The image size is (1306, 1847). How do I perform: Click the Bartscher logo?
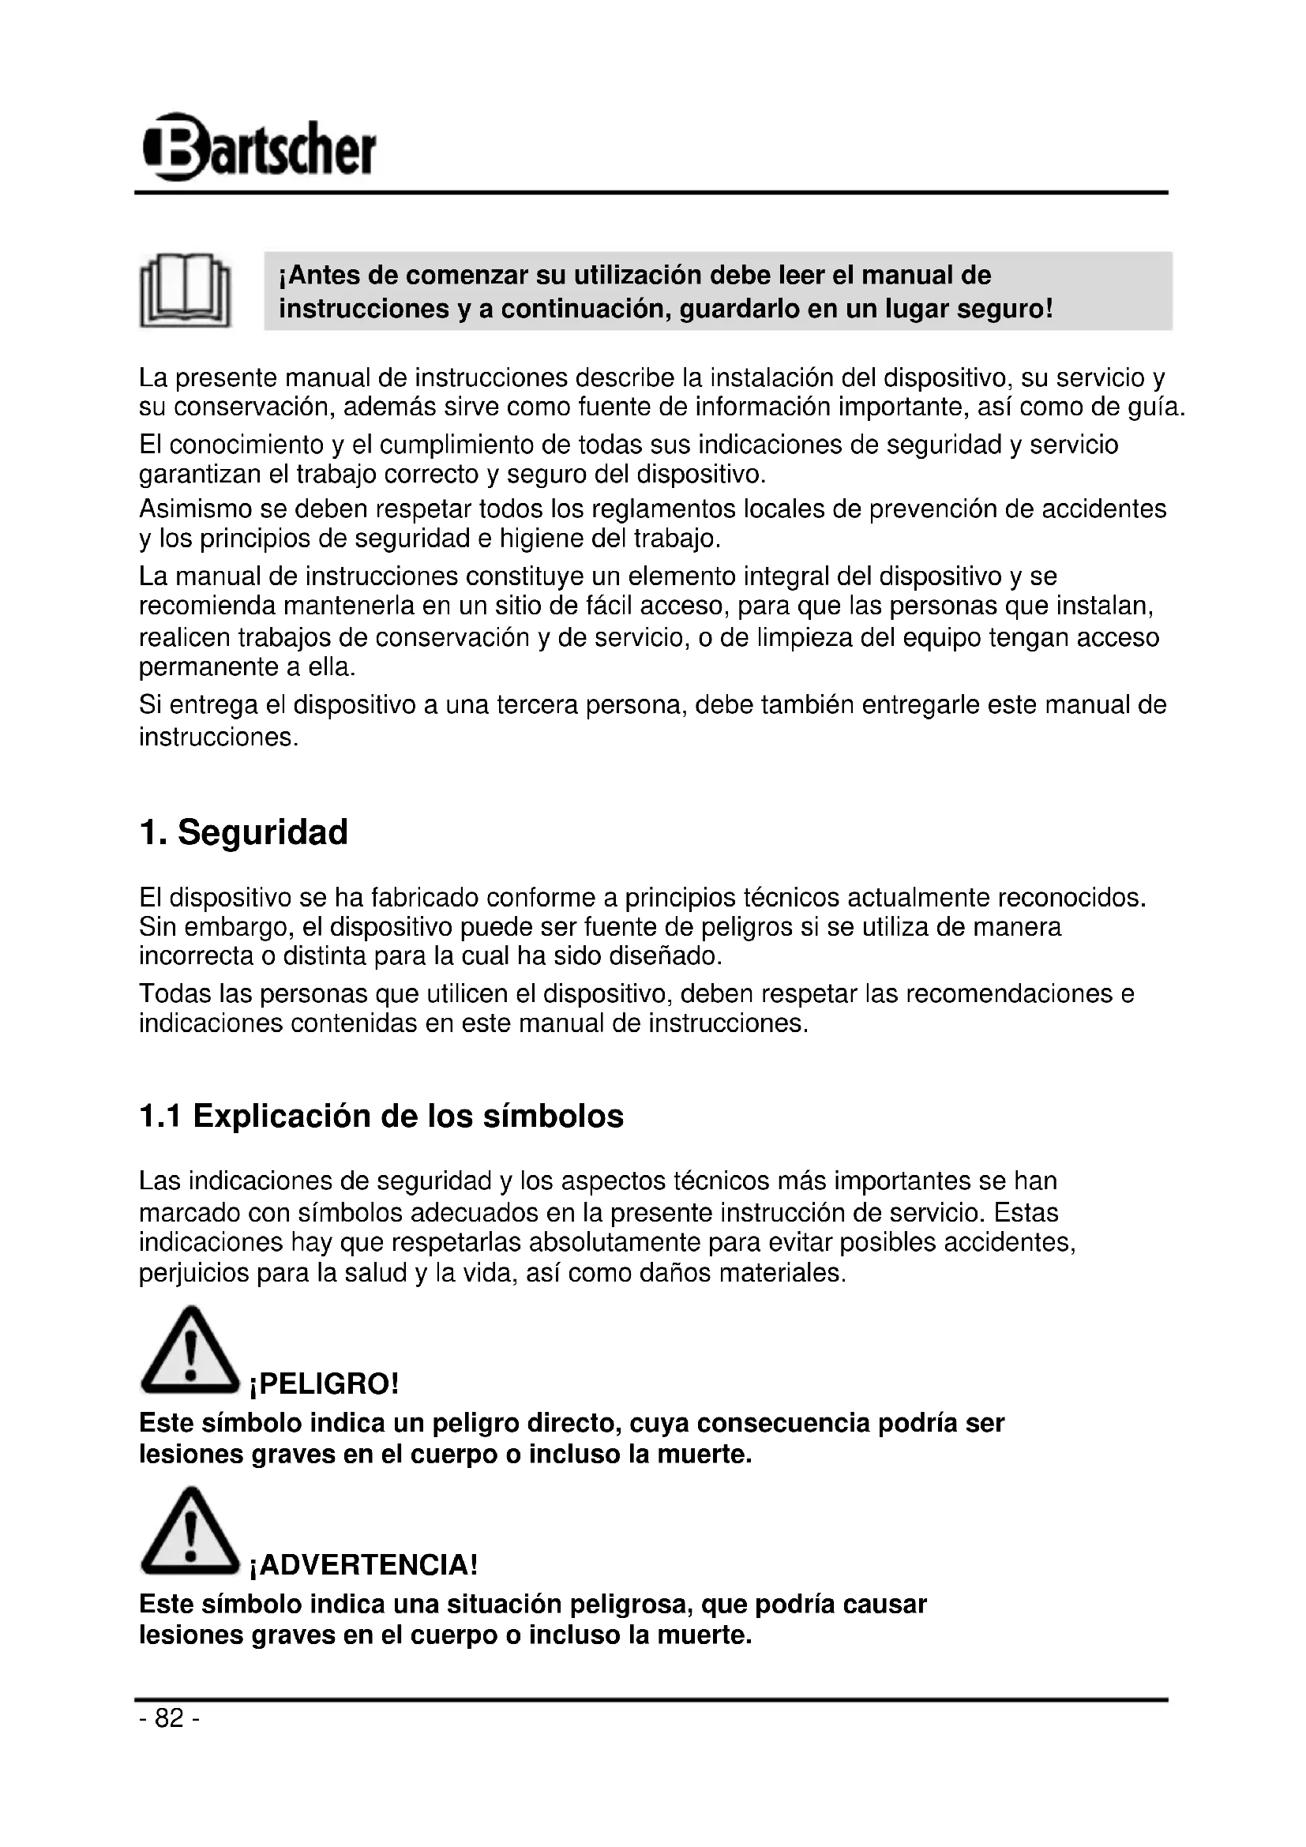pos(259,147)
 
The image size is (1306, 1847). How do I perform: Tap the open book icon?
pos(185,291)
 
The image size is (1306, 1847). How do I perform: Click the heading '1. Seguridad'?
pos(243,832)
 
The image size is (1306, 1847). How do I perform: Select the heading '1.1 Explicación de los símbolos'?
pos(381,1117)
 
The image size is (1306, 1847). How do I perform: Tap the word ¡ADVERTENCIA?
pos(363,1565)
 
